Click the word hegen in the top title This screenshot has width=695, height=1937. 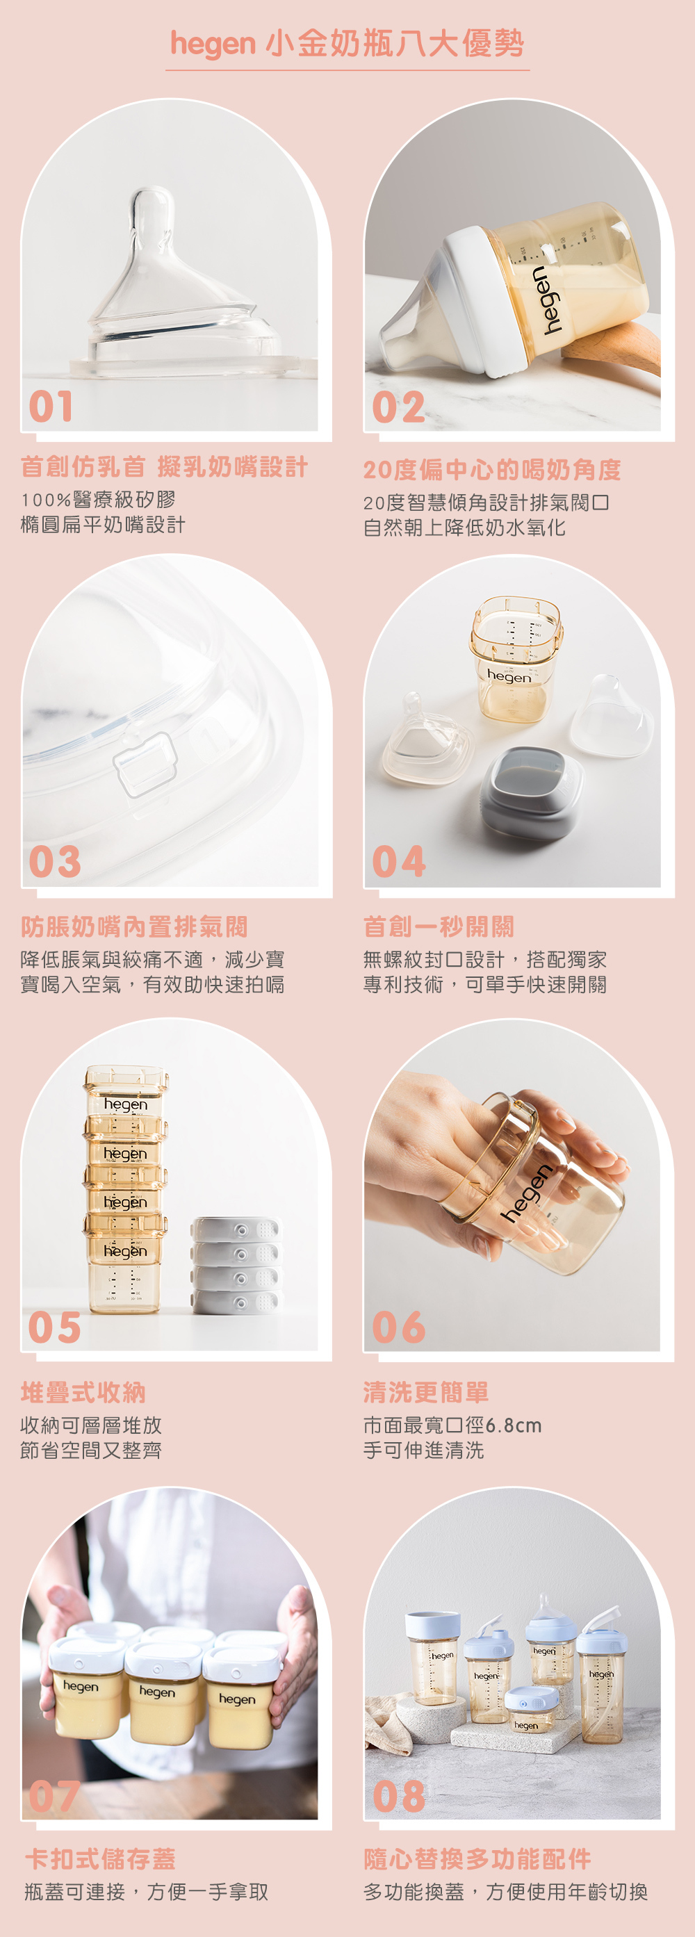click(213, 44)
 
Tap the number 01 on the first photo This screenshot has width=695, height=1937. click(51, 406)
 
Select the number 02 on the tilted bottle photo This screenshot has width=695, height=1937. click(399, 407)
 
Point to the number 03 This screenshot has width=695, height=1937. click(55, 862)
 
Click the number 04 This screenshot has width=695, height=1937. click(400, 862)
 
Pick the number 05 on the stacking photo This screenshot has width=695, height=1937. click(54, 1327)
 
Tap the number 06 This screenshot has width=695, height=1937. click(400, 1327)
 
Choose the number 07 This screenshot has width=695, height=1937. click(54, 1797)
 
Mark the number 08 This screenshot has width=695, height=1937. click(400, 1797)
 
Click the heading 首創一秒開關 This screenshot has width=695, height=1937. click(439, 926)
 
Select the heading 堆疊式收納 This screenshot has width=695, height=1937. click(83, 1392)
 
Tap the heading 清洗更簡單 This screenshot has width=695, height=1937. click(426, 1392)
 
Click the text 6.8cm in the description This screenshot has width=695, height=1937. click(514, 1425)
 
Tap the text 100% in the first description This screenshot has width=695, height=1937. click(46, 500)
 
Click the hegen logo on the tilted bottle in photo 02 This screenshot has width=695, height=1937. click(548, 299)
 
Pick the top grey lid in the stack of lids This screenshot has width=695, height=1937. click(236, 1229)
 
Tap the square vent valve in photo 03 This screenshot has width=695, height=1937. click(145, 765)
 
